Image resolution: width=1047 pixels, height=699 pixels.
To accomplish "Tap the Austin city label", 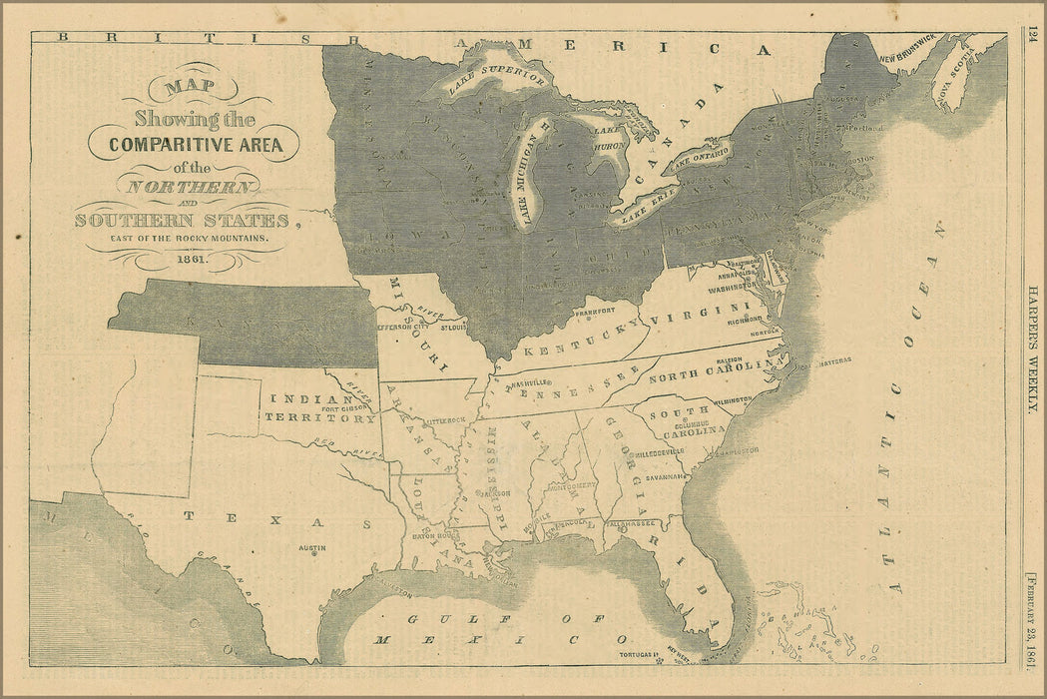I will [312, 548].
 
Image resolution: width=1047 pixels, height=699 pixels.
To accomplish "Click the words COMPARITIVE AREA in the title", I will [196, 144].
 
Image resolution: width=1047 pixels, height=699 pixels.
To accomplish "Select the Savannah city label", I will [665, 477].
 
